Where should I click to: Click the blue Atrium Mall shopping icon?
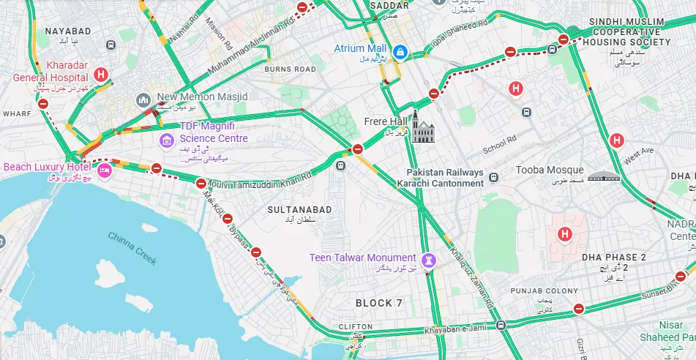tap(400, 52)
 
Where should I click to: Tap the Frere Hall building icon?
tap(423, 127)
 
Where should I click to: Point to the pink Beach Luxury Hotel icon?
tap(104, 170)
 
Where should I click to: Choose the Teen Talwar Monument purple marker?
tap(430, 260)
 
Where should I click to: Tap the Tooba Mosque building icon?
tap(603, 176)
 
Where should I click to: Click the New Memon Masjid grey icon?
tap(143, 99)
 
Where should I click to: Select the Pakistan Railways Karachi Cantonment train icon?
tap(494, 178)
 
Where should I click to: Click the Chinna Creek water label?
tap(132, 244)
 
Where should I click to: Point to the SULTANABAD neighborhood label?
tap(299, 210)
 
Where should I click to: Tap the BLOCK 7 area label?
tap(379, 303)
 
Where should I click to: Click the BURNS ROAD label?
tap(290, 70)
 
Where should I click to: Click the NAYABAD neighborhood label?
tap(68, 31)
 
